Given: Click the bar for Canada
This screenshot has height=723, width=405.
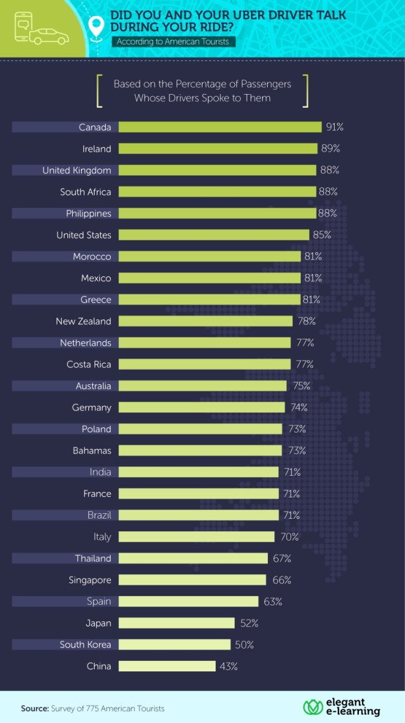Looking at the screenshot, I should pyautogui.click(x=219, y=127).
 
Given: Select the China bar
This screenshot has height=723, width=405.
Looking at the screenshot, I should pyautogui.click(x=166, y=666).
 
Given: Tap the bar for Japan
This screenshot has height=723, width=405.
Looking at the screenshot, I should pyautogui.click(x=176, y=623).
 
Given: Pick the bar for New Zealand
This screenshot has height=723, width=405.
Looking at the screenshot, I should pyautogui.click(x=205, y=321).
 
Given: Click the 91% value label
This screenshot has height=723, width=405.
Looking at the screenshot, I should pyautogui.click(x=335, y=127).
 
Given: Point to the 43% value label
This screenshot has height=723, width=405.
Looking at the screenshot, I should pyautogui.click(x=229, y=666).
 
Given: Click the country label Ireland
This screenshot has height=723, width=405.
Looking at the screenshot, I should pyautogui.click(x=97, y=149).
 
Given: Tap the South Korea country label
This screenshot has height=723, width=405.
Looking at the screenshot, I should pyautogui.click(x=85, y=645).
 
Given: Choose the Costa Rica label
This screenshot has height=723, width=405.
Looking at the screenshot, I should pyautogui.click(x=89, y=364).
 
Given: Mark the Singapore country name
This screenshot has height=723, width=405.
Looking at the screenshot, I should pyautogui.click(x=90, y=580).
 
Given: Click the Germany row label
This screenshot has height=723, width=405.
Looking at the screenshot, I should pyautogui.click(x=92, y=407).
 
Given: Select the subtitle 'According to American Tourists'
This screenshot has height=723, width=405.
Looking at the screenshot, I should pyautogui.click(x=172, y=42).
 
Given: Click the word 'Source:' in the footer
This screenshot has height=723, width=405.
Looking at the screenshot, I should pyautogui.click(x=35, y=709).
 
